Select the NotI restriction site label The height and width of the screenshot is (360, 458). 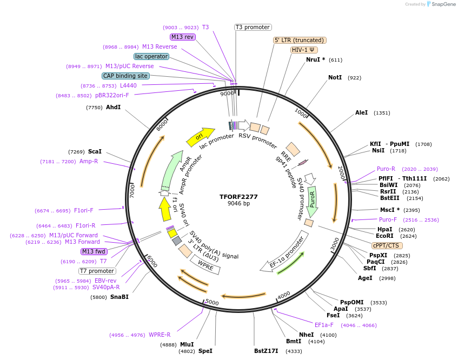pyautogui.click(x=335, y=78)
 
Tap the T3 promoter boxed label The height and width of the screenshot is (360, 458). pyautogui.click(x=253, y=27)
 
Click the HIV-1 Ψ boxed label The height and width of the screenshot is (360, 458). pyautogui.click(x=303, y=50)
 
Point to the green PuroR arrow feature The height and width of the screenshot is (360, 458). pyautogui.click(x=312, y=199)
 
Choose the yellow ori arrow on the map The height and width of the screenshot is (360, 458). pyautogui.click(x=200, y=137)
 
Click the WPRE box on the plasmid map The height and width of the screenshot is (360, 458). pyautogui.click(x=205, y=264)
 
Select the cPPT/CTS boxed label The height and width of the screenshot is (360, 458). pyautogui.click(x=387, y=245)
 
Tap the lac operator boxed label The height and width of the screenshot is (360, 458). pyautogui.click(x=151, y=56)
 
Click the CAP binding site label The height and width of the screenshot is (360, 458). pyautogui.click(x=125, y=76)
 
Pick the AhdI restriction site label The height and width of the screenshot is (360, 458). pyautogui.click(x=113, y=108)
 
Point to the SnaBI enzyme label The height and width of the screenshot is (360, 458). pyautogui.click(x=120, y=297)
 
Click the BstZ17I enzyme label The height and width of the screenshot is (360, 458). pyautogui.click(x=266, y=351)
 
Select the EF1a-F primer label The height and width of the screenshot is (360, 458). pyautogui.click(x=324, y=325)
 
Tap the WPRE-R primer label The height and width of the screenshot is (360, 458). pyautogui.click(x=160, y=335)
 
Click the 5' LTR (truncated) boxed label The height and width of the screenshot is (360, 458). pyautogui.click(x=300, y=40)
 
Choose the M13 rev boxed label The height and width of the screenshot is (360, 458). pyautogui.click(x=182, y=37)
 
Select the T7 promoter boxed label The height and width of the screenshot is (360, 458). pyautogui.click(x=97, y=271)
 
